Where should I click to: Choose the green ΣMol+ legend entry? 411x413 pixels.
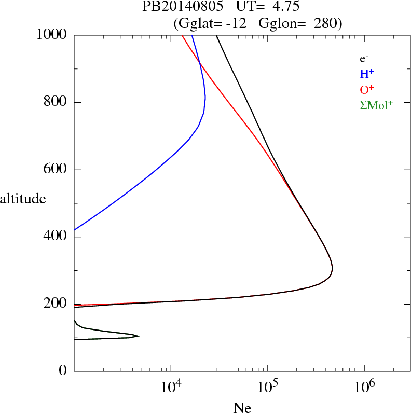coord(376,105)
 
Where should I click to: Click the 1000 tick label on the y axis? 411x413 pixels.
coord(52,35)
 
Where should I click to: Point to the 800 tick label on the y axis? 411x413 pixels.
coord(56,102)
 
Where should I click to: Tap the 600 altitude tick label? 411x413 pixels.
coord(56,170)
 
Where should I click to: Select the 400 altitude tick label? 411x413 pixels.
coord(56,237)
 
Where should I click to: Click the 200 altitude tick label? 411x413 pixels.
coord(56,305)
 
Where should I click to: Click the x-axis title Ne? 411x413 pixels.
coord(242,408)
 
